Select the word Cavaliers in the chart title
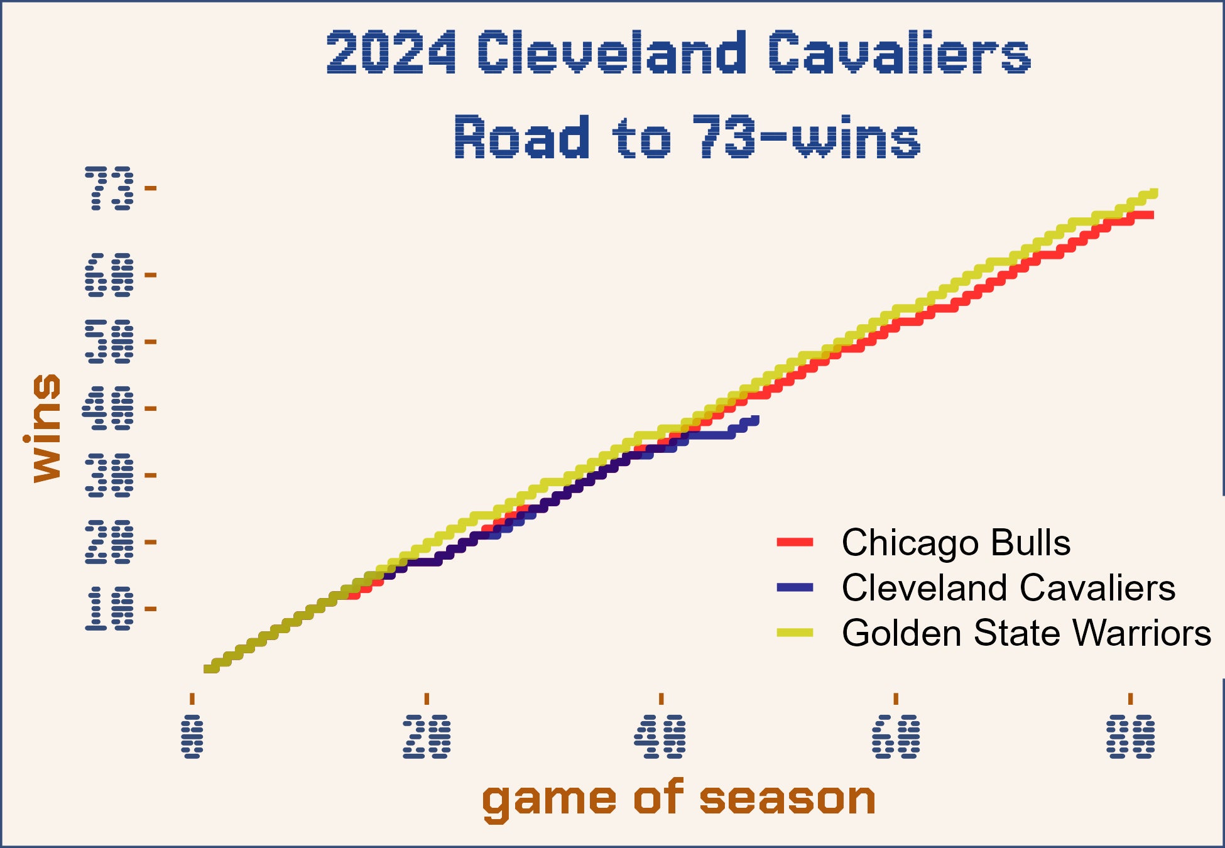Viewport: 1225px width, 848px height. click(x=899, y=53)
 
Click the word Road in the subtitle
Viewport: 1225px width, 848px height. click(x=521, y=137)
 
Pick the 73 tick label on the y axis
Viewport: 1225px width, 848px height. click(x=109, y=188)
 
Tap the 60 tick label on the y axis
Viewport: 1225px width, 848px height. click(x=109, y=275)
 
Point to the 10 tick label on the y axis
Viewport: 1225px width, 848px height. click(x=109, y=609)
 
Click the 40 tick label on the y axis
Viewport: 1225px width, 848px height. click(x=109, y=408)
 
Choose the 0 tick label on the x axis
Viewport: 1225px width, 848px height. click(x=192, y=736)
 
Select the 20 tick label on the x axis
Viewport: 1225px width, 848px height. click(x=427, y=736)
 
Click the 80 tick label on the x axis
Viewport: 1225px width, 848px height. click(x=1131, y=736)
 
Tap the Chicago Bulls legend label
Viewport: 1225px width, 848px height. click(x=955, y=542)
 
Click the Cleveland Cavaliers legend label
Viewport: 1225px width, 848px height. click(x=1008, y=587)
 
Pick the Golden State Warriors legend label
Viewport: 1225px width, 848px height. click(x=1026, y=633)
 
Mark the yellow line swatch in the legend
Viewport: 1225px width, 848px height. click(x=795, y=633)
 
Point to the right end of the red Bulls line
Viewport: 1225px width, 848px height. click(x=1151, y=215)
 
